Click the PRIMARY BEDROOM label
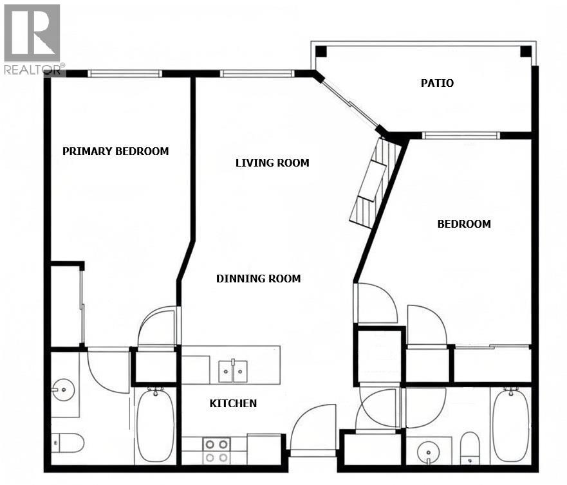[115, 152]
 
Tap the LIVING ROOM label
[272, 163]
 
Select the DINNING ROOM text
[258, 279]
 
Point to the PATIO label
[437, 84]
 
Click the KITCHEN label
[233, 404]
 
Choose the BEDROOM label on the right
[463, 224]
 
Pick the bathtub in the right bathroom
[511, 425]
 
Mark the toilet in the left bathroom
[68, 443]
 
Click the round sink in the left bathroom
[62, 389]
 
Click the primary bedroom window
[125, 73]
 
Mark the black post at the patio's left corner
[321, 51]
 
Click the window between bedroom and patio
[460, 135]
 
